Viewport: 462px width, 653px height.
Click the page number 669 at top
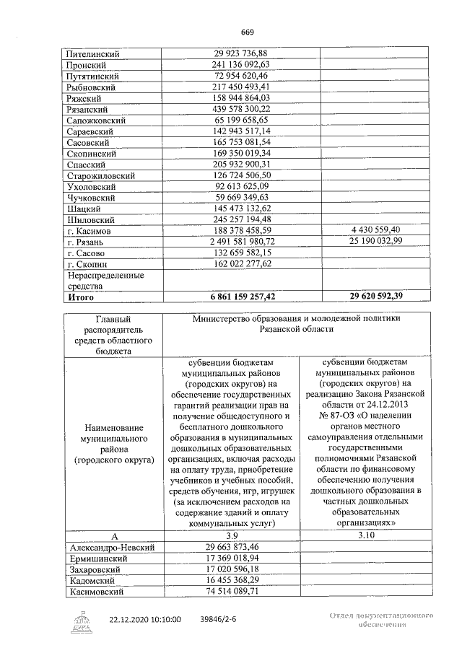(x=248, y=32)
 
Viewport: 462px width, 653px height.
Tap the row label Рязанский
(x=87, y=108)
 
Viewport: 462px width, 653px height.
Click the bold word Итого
(x=81, y=296)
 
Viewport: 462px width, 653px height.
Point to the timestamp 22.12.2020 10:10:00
(x=145, y=619)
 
